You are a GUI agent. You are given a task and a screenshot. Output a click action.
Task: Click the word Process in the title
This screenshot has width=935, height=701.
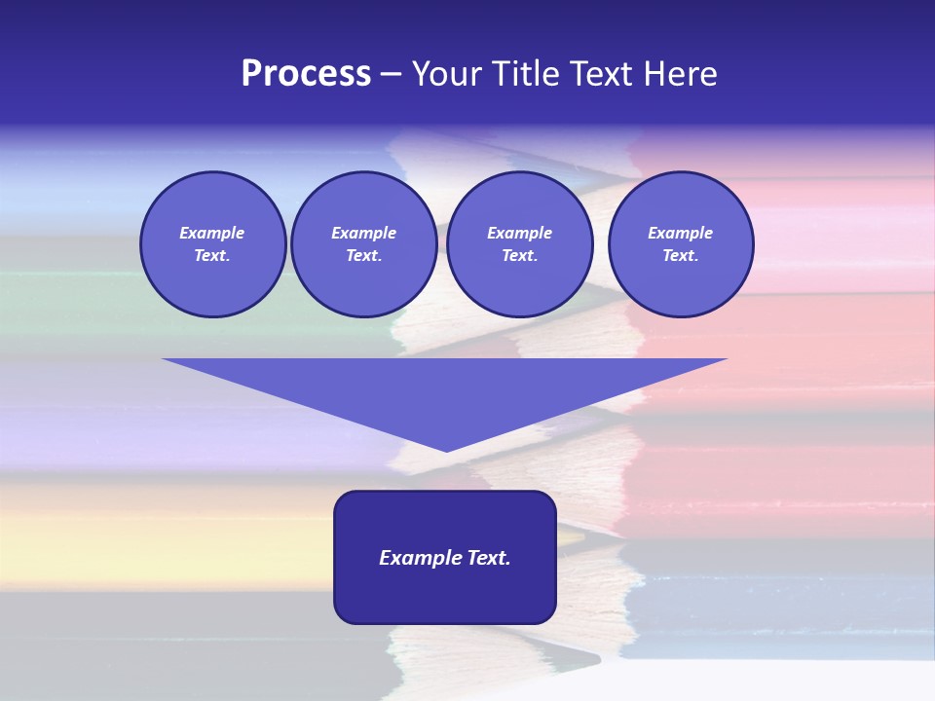306,74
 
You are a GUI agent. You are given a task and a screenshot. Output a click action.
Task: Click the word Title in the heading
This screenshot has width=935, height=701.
526,74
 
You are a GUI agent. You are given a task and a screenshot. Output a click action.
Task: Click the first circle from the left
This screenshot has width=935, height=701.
213,244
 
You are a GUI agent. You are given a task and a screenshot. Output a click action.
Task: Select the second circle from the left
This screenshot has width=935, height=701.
364,244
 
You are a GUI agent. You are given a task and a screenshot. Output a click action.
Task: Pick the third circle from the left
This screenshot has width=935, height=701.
520,244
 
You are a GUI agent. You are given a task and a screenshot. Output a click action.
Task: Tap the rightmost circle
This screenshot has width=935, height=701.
681,244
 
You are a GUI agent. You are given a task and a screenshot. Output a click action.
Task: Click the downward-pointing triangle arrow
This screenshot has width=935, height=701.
445,389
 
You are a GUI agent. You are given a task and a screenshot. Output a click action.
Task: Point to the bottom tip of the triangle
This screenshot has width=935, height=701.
446,450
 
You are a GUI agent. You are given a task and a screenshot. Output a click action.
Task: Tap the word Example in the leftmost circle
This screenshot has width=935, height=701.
212,233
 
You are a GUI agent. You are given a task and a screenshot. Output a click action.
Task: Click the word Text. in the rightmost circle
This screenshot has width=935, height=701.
681,256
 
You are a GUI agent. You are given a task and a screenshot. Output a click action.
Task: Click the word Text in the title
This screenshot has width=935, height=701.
604,74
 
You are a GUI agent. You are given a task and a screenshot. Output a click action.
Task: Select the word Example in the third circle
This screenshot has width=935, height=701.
520,233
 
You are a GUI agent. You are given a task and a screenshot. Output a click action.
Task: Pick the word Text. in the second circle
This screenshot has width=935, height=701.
364,256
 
